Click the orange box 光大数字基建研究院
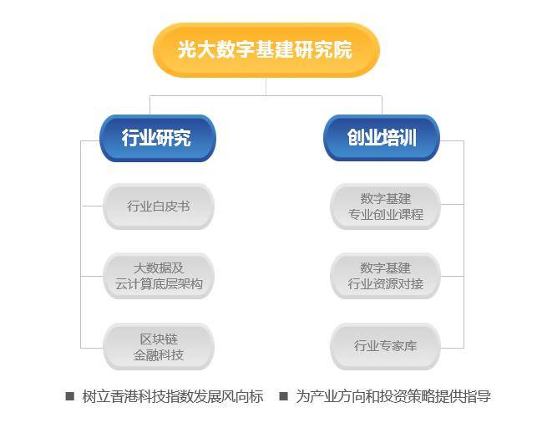pyautogui.click(x=266, y=49)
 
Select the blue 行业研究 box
pyautogui.click(x=157, y=137)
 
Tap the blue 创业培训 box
pyautogui.click(x=381, y=137)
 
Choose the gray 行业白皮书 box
pyautogui.click(x=159, y=206)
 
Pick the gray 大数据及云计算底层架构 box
pyautogui.click(x=159, y=276)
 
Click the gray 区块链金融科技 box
pyautogui.click(x=159, y=346)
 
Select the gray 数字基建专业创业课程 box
pyautogui.click(x=385, y=206)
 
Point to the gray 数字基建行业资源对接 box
pyautogui.click(x=385, y=276)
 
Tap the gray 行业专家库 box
pyautogui.click(x=385, y=346)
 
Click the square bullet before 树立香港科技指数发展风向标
pyautogui.click(x=70, y=396)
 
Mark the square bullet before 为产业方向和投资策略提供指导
pyautogui.click(x=284, y=396)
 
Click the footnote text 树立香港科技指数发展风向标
pyautogui.click(x=173, y=396)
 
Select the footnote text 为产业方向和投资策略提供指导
pyautogui.click(x=393, y=396)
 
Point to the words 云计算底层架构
pyautogui.click(x=159, y=284)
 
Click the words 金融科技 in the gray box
pyautogui.click(x=159, y=354)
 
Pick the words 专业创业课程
pyautogui.click(x=385, y=214)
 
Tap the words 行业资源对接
pyautogui.click(x=385, y=284)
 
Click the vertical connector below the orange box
pyautogui.click(x=266, y=86)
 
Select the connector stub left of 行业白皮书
pyautogui.click(x=92, y=206)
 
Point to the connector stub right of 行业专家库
pyautogui.click(x=452, y=346)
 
